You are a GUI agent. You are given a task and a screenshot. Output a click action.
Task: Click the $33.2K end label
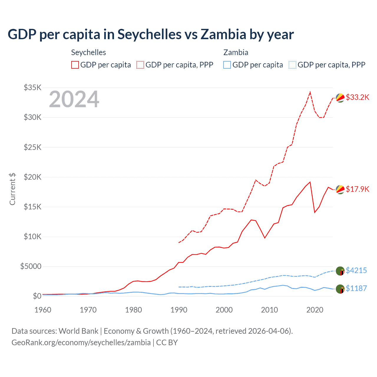(x=357, y=97)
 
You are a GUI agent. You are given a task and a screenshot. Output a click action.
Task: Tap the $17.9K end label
(x=357, y=189)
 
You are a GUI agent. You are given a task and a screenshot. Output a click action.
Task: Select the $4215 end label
(x=356, y=270)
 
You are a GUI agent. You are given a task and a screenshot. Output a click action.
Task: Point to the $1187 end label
(x=356, y=288)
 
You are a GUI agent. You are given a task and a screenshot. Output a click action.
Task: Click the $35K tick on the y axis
(x=33, y=87)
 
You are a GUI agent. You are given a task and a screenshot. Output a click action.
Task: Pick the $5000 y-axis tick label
(x=31, y=267)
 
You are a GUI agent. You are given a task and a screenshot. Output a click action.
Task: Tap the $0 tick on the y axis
(x=37, y=296)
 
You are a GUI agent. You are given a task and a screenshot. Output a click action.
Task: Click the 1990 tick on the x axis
(x=179, y=310)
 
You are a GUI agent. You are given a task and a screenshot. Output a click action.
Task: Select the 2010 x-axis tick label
(x=269, y=310)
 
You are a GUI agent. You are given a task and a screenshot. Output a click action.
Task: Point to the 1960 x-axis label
(x=43, y=310)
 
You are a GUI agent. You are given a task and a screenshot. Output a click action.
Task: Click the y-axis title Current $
(x=12, y=189)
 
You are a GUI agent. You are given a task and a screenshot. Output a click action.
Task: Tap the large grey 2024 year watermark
(x=74, y=99)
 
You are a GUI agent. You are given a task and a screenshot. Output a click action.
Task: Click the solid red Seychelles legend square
(x=75, y=65)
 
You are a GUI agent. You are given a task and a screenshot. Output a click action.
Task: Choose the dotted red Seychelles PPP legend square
(x=140, y=65)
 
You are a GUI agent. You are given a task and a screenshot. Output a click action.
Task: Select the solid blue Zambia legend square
(x=227, y=65)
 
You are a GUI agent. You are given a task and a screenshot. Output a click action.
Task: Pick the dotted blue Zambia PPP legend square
(x=292, y=65)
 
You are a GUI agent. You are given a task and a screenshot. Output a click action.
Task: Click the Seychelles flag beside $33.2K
(x=340, y=98)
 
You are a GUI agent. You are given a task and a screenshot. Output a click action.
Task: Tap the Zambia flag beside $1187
(x=340, y=289)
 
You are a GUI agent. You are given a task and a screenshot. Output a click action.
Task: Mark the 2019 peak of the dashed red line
(x=310, y=92)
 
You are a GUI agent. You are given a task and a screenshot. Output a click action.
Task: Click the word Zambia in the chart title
(x=223, y=34)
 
